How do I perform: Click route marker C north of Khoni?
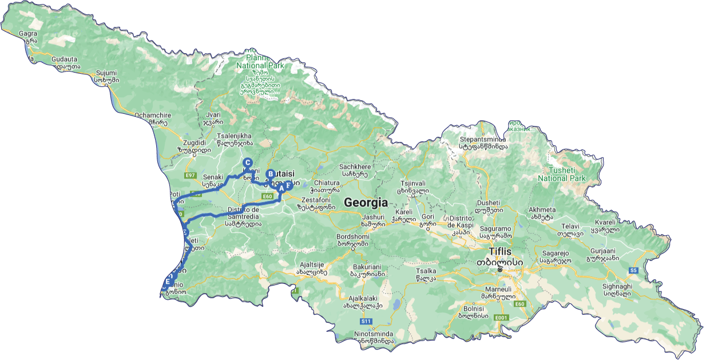[x=248, y=163]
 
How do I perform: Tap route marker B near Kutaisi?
[x=271, y=175]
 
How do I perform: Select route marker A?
[x=281, y=187]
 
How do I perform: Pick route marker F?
[x=288, y=185]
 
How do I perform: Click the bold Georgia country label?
[x=366, y=203]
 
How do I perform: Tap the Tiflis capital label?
[x=500, y=252]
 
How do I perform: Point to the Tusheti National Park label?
[x=561, y=174]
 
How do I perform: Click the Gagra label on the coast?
[x=28, y=34]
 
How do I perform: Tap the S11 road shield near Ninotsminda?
[x=366, y=322]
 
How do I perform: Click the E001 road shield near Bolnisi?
[x=501, y=318]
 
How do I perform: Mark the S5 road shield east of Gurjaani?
[x=633, y=270]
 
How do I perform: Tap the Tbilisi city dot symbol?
[x=500, y=269]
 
